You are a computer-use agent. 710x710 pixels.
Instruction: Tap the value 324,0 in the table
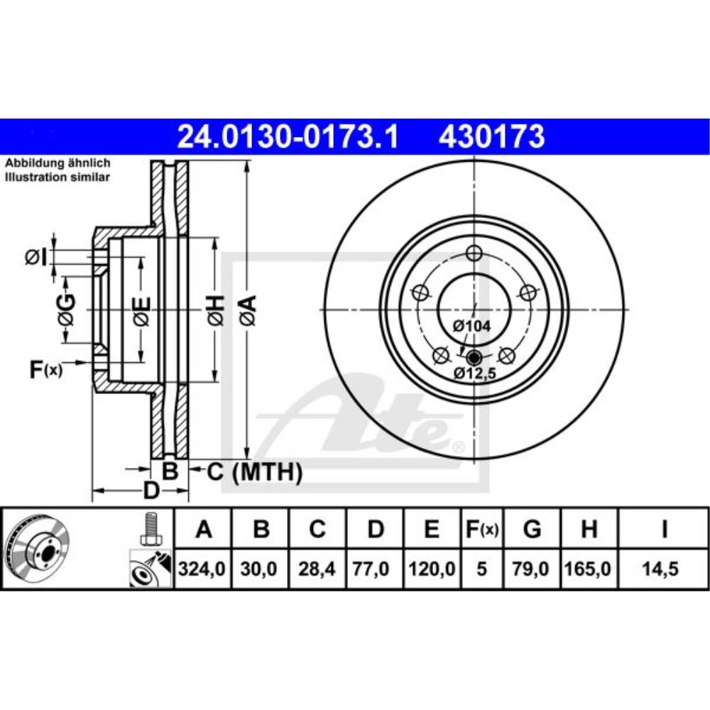(x=204, y=569)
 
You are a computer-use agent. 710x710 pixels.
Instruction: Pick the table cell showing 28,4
(x=318, y=569)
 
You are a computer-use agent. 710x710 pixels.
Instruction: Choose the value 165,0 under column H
(x=589, y=569)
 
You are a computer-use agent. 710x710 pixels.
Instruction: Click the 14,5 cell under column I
(x=664, y=569)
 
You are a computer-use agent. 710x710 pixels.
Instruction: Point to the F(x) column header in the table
(x=482, y=530)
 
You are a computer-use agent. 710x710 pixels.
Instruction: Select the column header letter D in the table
(x=376, y=530)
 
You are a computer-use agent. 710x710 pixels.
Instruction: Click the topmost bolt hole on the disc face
(x=475, y=252)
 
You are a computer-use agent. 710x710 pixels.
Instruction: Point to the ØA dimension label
(x=246, y=310)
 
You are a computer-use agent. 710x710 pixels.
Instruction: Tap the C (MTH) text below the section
(x=254, y=471)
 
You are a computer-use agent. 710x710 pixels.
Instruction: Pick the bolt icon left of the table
(x=150, y=528)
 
